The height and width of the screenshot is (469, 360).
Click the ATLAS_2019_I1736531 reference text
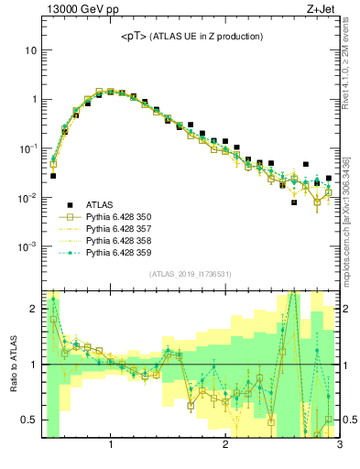[191, 274]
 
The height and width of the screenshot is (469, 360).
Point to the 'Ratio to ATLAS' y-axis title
[13, 361]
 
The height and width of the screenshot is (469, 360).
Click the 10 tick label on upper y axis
[30, 50]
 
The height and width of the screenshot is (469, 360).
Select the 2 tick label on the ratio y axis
[33, 309]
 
